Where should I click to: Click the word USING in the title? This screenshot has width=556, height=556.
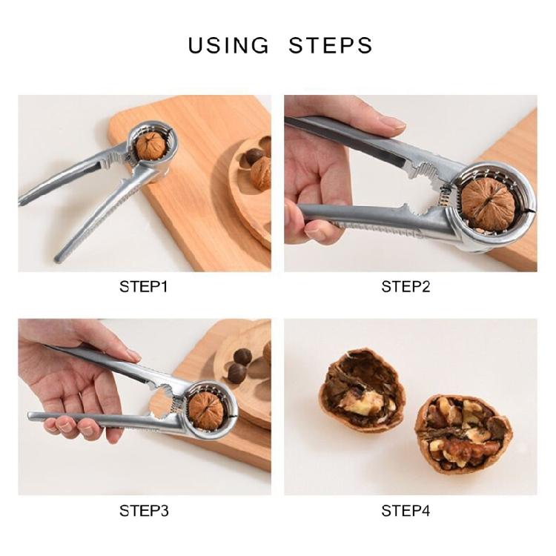tap(228, 45)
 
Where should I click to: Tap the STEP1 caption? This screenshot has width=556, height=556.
tap(143, 287)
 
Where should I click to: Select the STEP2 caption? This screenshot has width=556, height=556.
tap(406, 287)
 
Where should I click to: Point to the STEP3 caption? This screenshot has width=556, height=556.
tap(143, 511)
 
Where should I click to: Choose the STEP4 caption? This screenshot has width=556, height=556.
tap(406, 511)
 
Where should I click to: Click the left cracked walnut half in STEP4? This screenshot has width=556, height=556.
tap(361, 390)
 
